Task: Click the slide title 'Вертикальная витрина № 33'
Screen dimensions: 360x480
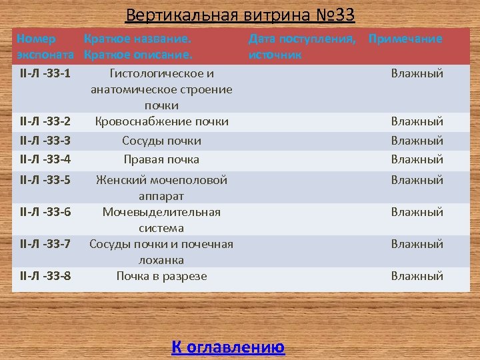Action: pyautogui.click(x=240, y=15)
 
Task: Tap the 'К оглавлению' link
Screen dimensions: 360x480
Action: pyautogui.click(x=228, y=347)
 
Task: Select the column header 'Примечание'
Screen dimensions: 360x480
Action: pyautogui.click(x=405, y=39)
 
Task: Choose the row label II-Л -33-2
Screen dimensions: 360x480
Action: pyautogui.click(x=46, y=121)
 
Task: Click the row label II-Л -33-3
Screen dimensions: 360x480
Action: pyautogui.click(x=46, y=141)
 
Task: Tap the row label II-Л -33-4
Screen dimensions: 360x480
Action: pyautogui.click(x=46, y=159)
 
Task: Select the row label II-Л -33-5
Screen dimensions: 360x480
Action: pyautogui.click(x=46, y=180)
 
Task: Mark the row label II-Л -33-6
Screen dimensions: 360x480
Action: pyautogui.click(x=46, y=212)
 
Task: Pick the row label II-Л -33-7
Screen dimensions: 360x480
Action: pyautogui.click(x=46, y=244)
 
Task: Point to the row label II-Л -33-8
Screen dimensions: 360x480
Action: pyautogui.click(x=46, y=276)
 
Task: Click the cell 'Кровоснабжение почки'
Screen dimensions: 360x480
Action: pyautogui.click(x=162, y=121)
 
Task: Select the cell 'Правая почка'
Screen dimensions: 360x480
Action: pyautogui.click(x=162, y=159)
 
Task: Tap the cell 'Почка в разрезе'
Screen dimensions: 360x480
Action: pyautogui.click(x=162, y=276)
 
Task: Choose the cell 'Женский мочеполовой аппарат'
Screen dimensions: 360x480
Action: pyautogui.click(x=162, y=187)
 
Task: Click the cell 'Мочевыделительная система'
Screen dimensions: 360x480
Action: pyautogui.click(x=162, y=219)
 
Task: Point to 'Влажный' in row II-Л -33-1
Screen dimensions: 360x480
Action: pyautogui.click(x=417, y=73)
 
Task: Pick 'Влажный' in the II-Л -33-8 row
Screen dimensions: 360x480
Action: pyautogui.click(x=417, y=276)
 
